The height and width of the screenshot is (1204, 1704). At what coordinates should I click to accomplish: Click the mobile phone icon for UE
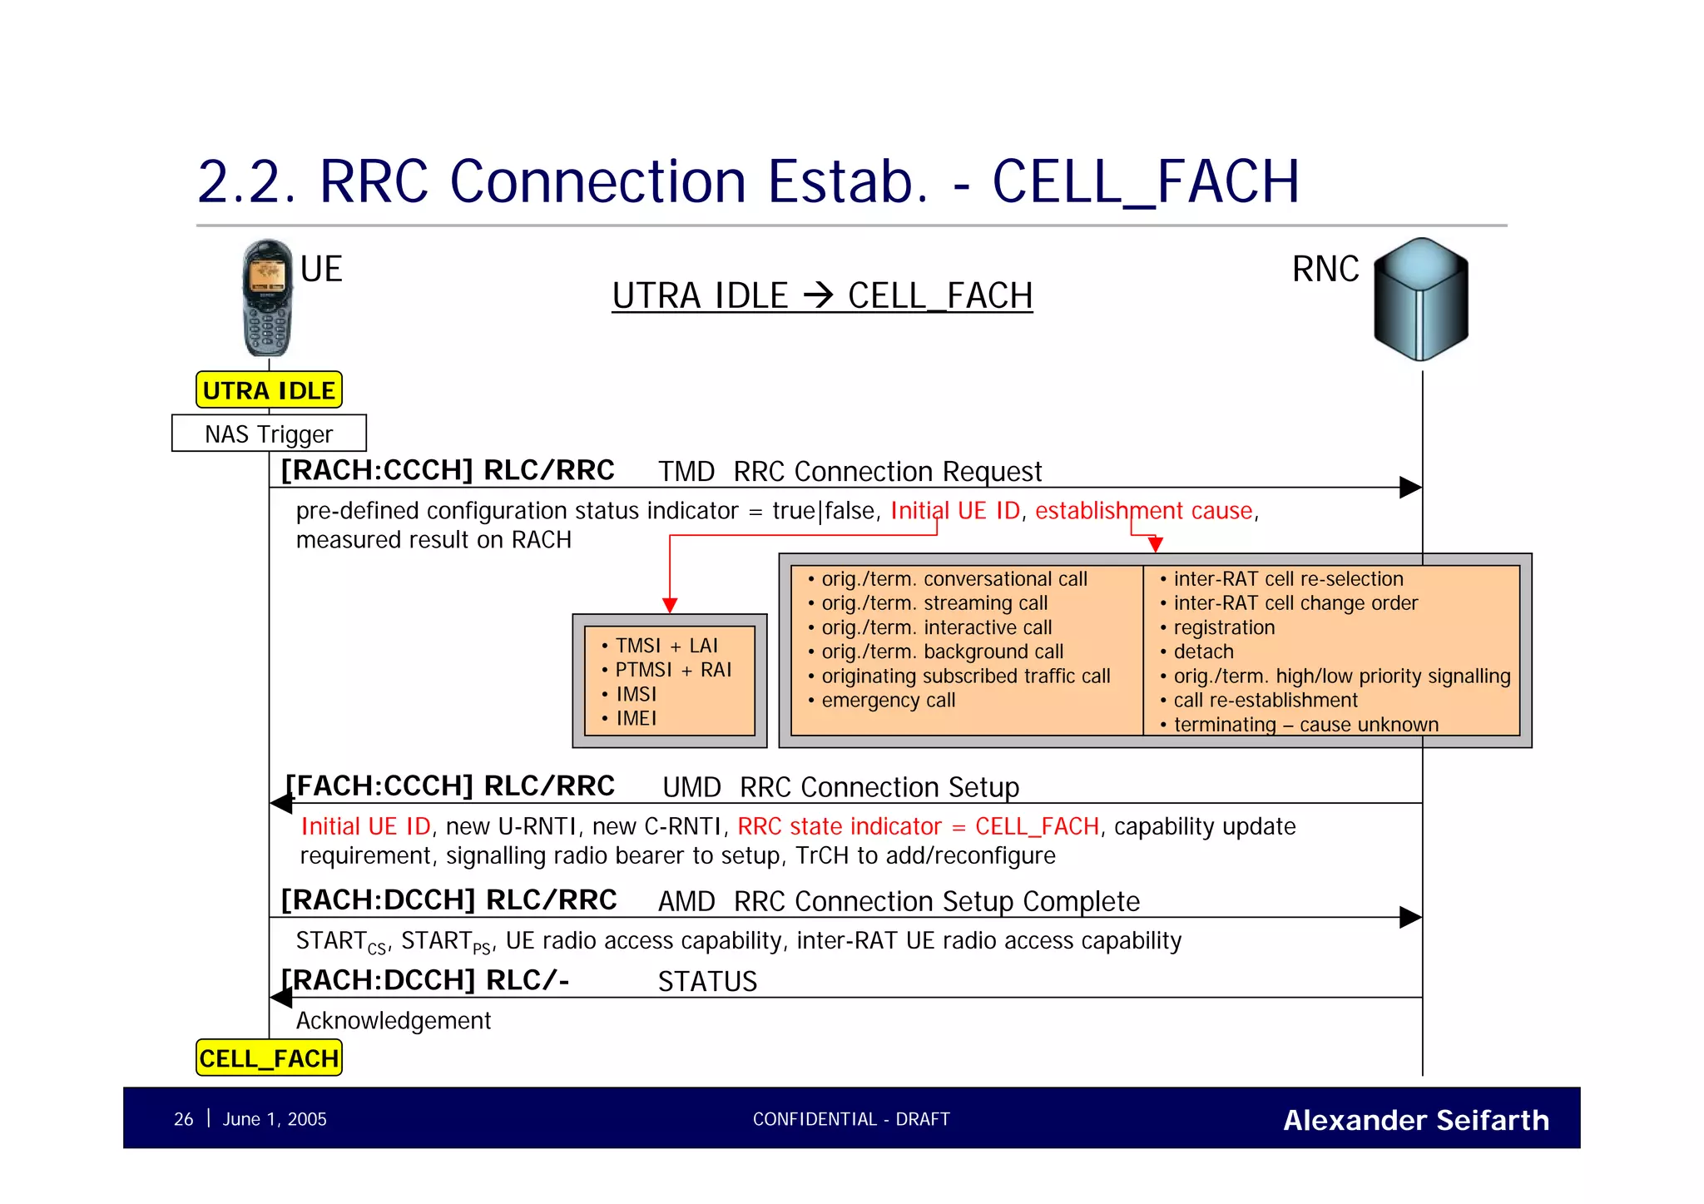click(x=267, y=298)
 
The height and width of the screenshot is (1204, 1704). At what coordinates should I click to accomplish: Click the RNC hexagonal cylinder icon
click(x=1421, y=300)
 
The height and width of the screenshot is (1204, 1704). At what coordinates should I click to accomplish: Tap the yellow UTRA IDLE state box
click(x=269, y=390)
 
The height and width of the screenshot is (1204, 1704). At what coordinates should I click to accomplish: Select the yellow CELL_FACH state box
click(x=269, y=1058)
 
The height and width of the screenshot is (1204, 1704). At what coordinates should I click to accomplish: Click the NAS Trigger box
click(x=269, y=434)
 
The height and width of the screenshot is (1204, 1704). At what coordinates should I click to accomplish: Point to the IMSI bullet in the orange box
click(x=636, y=694)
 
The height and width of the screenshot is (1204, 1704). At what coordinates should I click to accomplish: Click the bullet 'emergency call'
click(x=888, y=701)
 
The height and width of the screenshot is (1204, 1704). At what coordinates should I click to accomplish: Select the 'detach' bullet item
click(x=1203, y=652)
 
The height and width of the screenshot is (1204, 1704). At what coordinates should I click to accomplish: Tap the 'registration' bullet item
click(x=1223, y=627)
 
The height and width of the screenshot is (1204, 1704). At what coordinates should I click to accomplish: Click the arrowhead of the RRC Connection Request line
click(x=1411, y=488)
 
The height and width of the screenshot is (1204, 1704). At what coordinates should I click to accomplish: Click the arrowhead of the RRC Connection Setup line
click(x=281, y=803)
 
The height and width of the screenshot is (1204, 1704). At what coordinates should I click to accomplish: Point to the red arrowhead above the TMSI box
click(x=670, y=605)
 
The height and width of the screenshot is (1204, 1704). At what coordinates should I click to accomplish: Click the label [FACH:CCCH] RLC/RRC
click(x=450, y=785)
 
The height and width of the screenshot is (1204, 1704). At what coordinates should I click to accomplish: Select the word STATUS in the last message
click(x=707, y=982)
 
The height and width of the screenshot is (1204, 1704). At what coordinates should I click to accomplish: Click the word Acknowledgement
click(x=394, y=1021)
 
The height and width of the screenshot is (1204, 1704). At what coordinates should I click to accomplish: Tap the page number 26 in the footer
click(x=183, y=1119)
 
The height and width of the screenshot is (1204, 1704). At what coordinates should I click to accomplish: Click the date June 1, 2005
click(x=275, y=1119)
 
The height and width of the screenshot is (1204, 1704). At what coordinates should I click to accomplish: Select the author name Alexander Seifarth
click(x=1415, y=1120)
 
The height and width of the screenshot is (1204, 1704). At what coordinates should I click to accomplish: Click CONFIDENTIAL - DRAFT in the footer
click(x=851, y=1119)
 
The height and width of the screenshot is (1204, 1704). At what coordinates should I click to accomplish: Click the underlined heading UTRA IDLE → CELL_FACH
click(x=822, y=296)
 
